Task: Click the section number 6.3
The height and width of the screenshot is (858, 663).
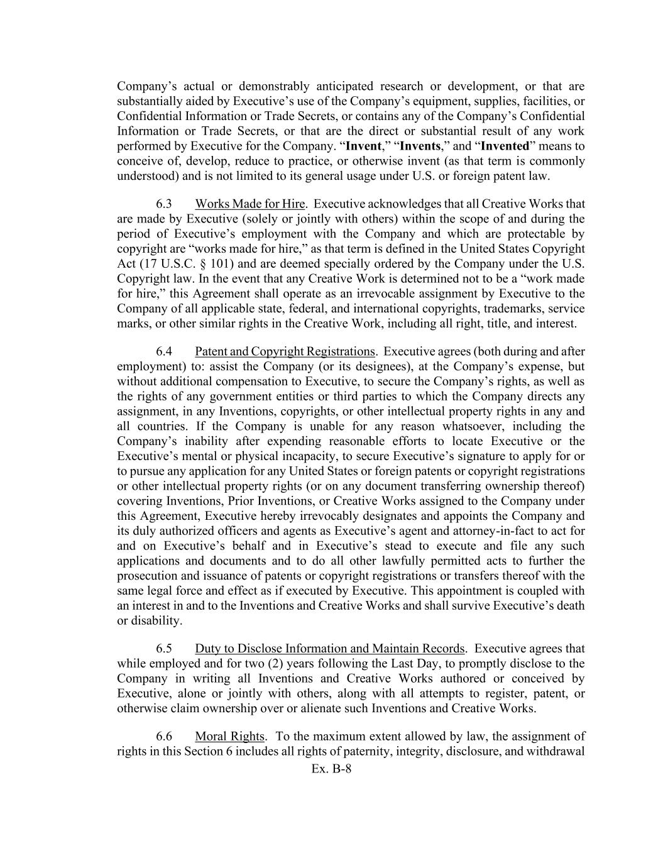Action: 164,204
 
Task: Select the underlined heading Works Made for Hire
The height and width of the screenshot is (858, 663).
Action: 249,204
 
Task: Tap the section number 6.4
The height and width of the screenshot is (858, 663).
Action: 164,351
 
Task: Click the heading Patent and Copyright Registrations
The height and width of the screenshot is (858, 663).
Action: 285,351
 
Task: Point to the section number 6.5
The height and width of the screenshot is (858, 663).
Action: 164,649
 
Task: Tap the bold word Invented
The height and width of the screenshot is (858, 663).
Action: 505,146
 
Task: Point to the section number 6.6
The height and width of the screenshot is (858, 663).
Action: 164,737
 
